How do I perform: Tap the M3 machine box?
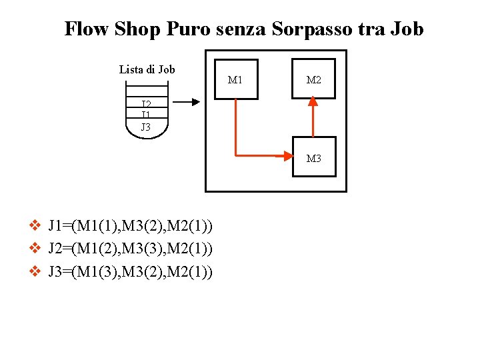[x=314, y=157]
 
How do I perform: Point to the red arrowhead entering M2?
[x=313, y=103]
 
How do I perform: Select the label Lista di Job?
[x=147, y=69]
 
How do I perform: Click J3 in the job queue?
[x=147, y=127]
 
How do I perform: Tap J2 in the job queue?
[x=147, y=104]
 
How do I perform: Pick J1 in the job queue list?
[x=147, y=115]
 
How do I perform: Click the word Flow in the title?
[x=87, y=29]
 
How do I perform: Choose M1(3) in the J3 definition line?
[x=96, y=272]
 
